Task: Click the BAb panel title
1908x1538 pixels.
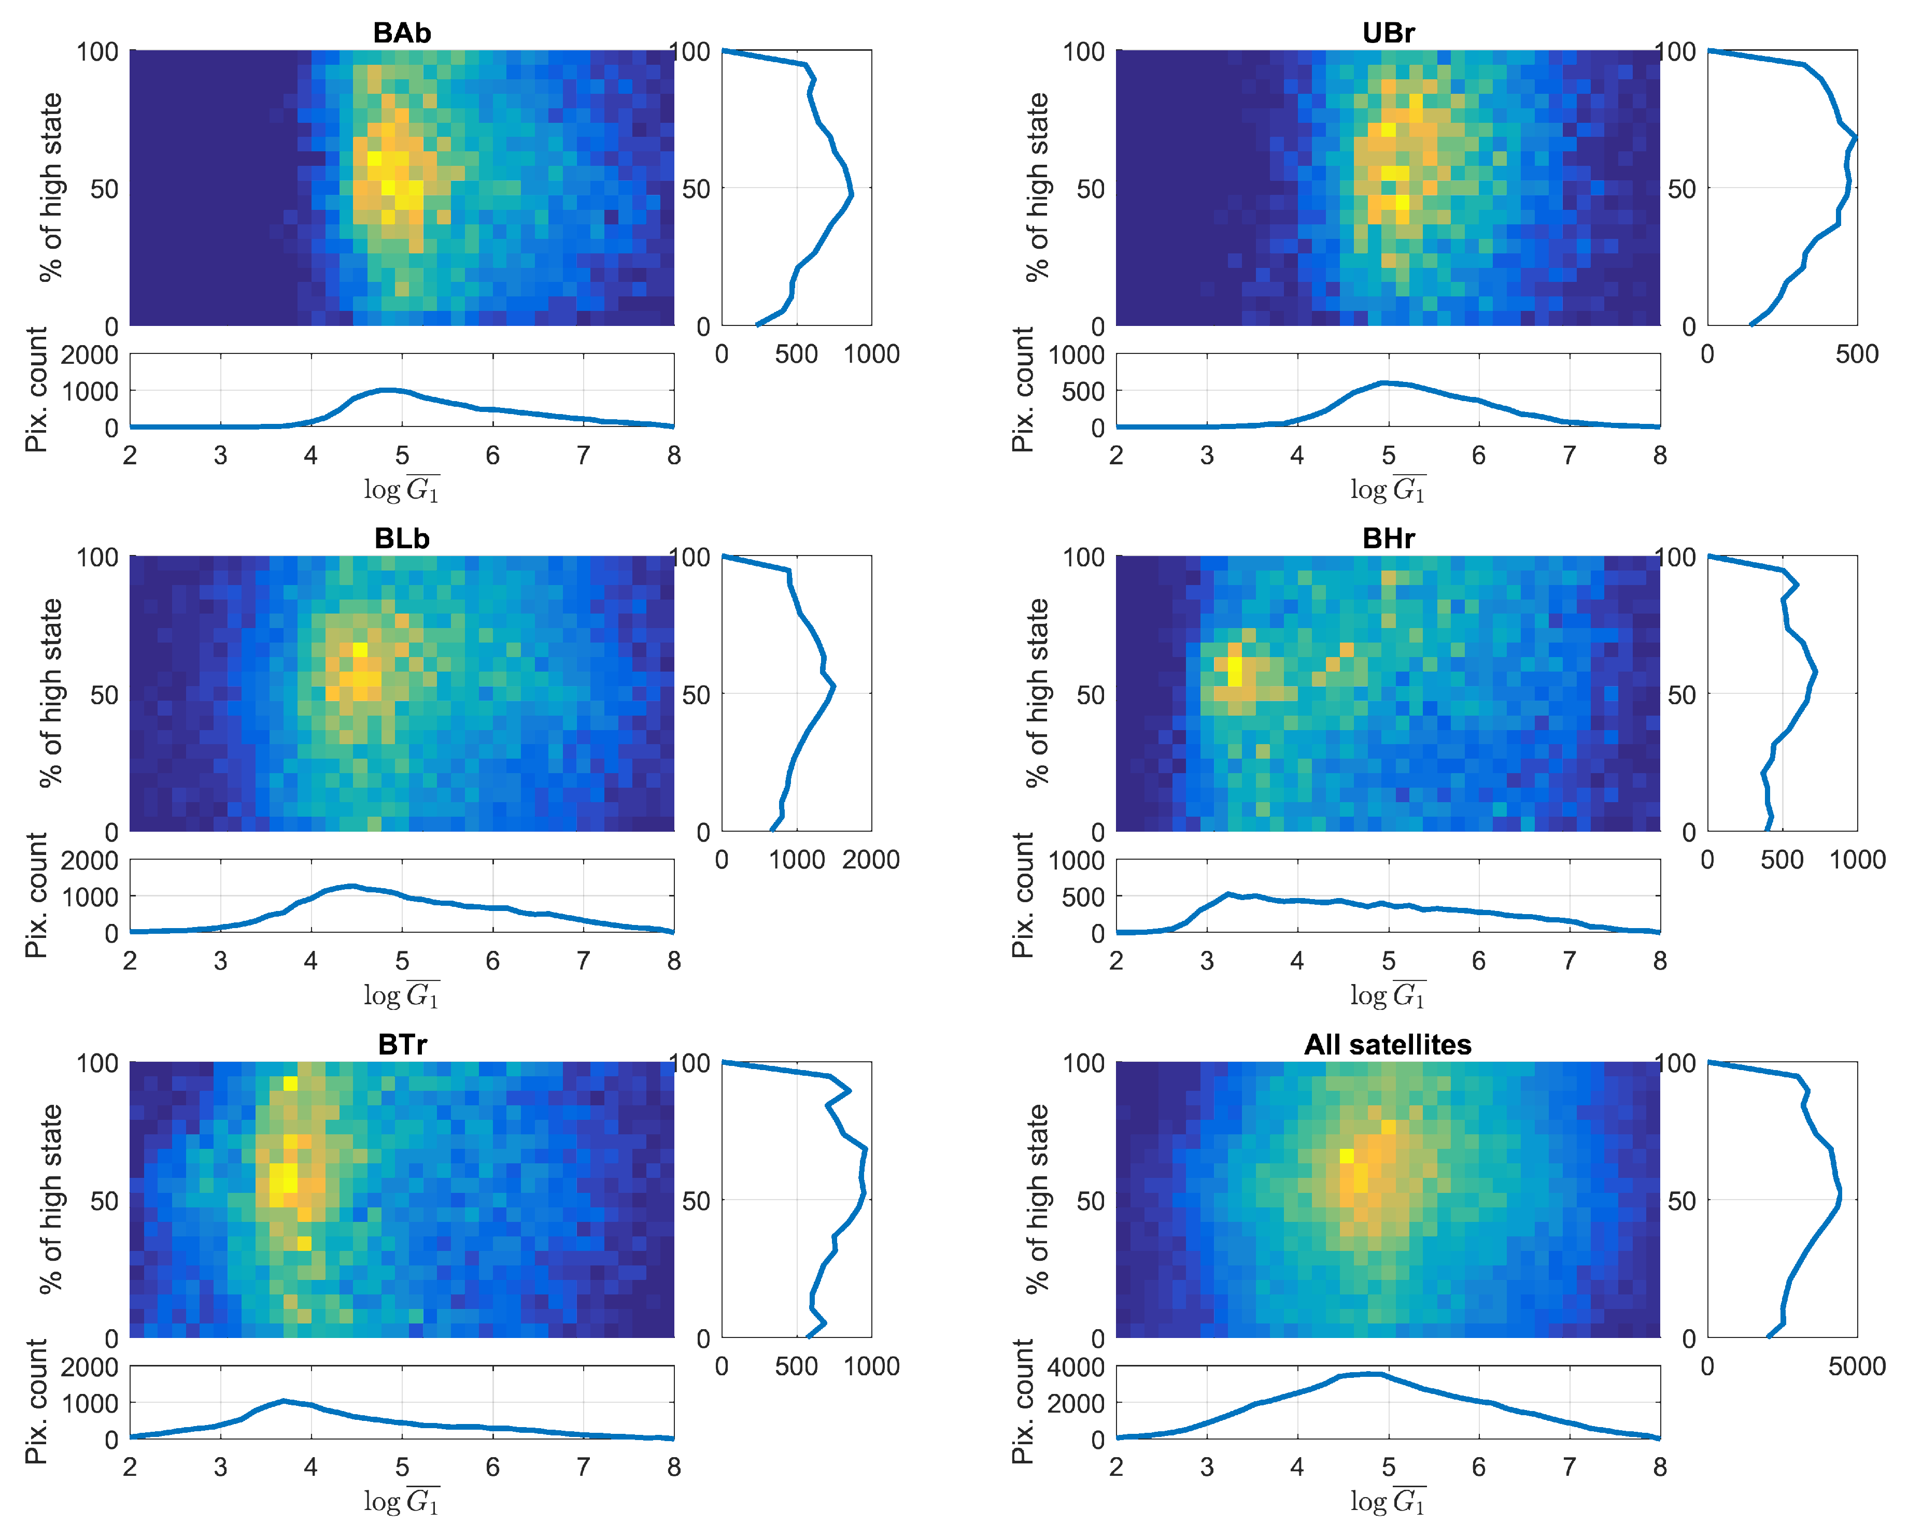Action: click(x=401, y=33)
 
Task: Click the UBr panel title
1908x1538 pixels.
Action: click(x=1388, y=33)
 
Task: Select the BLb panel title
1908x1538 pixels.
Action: click(x=401, y=538)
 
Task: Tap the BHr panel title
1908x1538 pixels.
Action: click(x=1388, y=538)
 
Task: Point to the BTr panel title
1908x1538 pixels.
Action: click(x=401, y=1045)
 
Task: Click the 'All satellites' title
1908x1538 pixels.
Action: click(x=1388, y=1045)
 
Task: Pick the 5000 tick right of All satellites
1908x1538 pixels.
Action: click(x=1857, y=1366)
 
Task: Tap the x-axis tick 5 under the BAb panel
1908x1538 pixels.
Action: click(x=401, y=455)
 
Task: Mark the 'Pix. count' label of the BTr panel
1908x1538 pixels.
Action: click(x=35, y=1402)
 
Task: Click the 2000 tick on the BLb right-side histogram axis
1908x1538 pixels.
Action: click(x=870, y=860)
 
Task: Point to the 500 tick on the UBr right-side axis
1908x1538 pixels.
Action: click(x=1857, y=354)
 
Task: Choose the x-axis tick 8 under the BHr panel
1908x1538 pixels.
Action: click(x=1660, y=961)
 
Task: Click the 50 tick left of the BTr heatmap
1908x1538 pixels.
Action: click(x=104, y=1201)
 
